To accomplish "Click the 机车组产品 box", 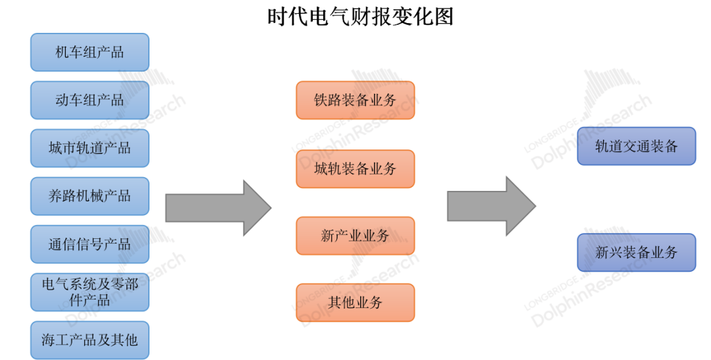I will point(90,52).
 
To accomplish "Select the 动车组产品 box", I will point(90,100).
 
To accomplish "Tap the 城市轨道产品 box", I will point(90,148).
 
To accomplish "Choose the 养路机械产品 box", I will point(90,196).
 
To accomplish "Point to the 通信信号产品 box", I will point(90,244).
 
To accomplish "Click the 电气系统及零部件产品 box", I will point(90,292).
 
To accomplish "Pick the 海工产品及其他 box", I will point(90,340).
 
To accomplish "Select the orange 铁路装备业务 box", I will point(355,100).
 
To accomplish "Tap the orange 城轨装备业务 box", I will point(355,168).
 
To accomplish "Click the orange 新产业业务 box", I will point(355,236).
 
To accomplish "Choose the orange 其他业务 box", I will point(355,303).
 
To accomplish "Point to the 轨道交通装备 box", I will point(636,145).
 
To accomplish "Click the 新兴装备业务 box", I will point(636,252).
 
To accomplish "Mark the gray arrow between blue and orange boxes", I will point(217,207).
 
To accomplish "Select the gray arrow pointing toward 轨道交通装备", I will point(491,206).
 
